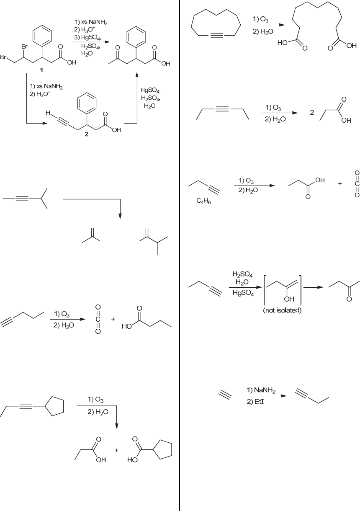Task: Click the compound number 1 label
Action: tap(41, 70)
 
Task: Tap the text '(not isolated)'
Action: tap(282, 310)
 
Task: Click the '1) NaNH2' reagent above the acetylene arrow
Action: tap(261, 390)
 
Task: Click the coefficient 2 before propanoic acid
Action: tap(312, 113)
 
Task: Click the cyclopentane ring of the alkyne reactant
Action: tap(55, 405)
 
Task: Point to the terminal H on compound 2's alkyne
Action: tap(48, 113)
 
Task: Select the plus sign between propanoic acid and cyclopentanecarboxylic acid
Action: tap(116, 450)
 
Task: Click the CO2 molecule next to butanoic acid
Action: tap(98, 320)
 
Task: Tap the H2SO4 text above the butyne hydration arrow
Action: tap(242, 274)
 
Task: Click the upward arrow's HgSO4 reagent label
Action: tap(151, 90)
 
